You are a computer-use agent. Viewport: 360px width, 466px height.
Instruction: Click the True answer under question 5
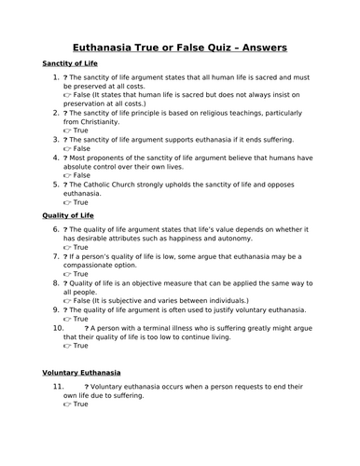point(81,202)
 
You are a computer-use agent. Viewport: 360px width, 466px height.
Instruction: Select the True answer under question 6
point(81,247)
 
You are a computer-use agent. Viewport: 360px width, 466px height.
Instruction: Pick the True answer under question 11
point(81,404)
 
